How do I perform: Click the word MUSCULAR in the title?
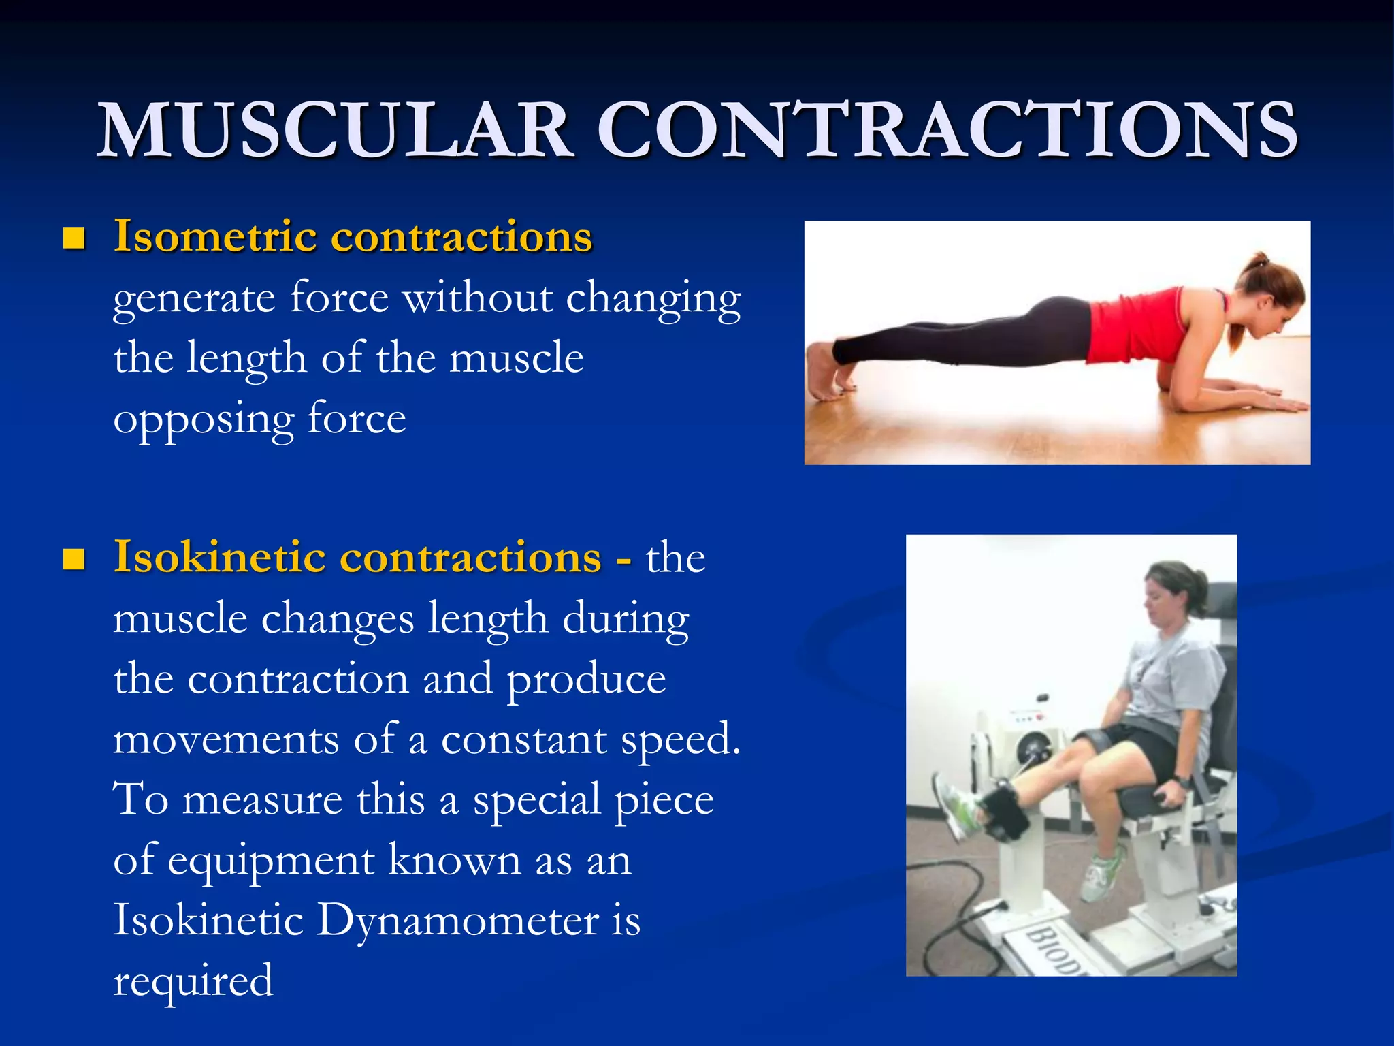[335, 130]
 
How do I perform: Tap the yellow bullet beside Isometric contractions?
[74, 238]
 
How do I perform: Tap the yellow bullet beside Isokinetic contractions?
[74, 559]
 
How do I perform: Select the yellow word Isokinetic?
[219, 557]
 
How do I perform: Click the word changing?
[653, 300]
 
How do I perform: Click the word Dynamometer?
[457, 920]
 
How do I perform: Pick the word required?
[193, 981]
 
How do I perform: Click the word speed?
[680, 740]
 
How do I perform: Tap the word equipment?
[271, 861]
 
